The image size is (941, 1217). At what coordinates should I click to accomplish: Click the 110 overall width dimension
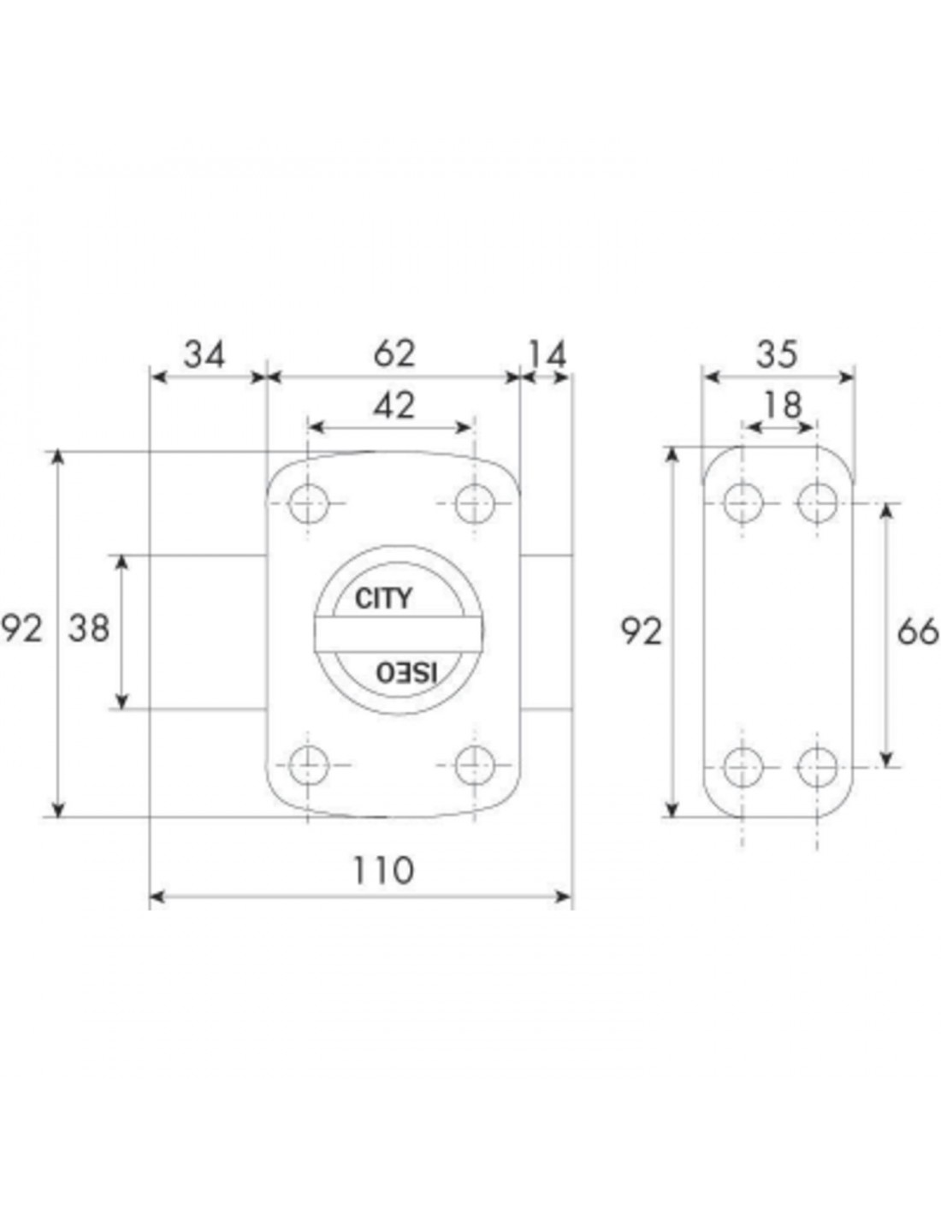click(x=383, y=871)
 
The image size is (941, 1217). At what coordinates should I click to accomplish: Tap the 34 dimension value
click(x=204, y=355)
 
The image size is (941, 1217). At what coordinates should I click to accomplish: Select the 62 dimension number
click(x=394, y=354)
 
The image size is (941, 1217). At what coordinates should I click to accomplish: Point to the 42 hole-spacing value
click(x=394, y=406)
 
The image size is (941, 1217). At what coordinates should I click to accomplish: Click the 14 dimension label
click(x=547, y=355)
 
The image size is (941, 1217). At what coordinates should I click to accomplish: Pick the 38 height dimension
click(x=88, y=628)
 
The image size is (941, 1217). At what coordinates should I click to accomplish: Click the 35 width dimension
click(x=777, y=355)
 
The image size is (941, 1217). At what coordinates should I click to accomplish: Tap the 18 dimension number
click(x=783, y=406)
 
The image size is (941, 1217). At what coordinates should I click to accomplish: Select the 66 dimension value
click(x=918, y=632)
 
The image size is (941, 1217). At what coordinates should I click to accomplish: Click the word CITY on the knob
click(x=383, y=598)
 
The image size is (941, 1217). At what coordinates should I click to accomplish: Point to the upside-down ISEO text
click(x=406, y=673)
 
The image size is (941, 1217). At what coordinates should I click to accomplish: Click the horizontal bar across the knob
click(x=399, y=634)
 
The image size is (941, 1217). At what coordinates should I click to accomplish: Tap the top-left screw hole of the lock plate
click(x=308, y=504)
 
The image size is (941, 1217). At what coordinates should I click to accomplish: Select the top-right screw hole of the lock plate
click(x=475, y=504)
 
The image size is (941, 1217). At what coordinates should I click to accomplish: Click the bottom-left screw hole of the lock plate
click(x=308, y=766)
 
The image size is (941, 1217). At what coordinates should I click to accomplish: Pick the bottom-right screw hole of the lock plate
click(x=475, y=765)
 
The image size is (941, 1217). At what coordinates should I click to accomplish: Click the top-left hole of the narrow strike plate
click(x=743, y=503)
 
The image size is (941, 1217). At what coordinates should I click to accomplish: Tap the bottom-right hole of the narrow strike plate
click(x=817, y=767)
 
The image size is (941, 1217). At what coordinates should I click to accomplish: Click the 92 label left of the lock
click(x=21, y=628)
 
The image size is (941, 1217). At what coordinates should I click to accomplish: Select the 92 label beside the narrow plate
click(x=642, y=632)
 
